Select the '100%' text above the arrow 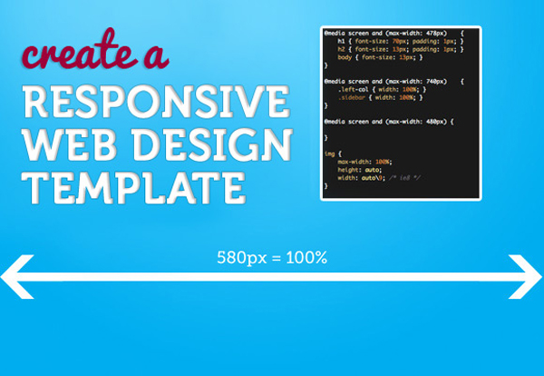click(305, 258)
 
